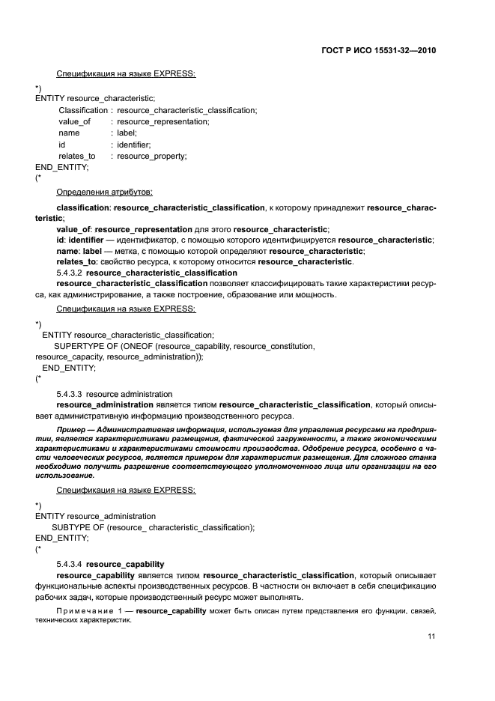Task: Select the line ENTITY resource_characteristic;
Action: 95,98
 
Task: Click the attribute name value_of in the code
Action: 74,121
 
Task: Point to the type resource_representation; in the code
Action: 163,121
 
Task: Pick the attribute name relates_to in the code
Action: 77,156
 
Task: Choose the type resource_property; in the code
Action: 152,156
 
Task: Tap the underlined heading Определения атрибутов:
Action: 105,192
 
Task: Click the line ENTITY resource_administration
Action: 95,516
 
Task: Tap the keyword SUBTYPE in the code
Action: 69,527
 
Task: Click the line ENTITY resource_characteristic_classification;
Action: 128,335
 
